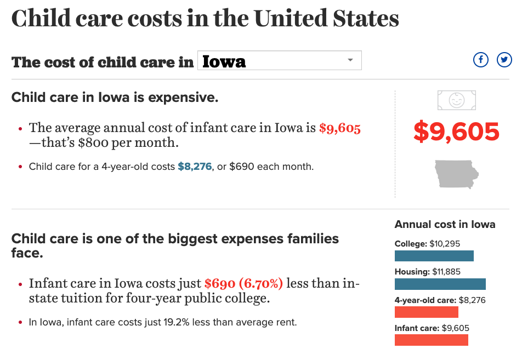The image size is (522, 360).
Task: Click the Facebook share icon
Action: tap(480, 60)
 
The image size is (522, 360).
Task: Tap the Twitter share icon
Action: tap(504, 60)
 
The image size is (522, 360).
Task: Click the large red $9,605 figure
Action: tap(456, 132)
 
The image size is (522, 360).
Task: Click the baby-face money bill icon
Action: tap(456, 100)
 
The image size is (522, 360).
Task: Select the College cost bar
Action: tap(434, 256)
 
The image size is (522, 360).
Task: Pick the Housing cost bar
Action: tap(440, 284)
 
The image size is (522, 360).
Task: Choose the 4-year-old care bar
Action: tap(426, 312)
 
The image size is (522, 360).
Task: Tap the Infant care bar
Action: tap(431, 340)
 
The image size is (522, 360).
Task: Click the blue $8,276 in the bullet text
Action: tap(195, 167)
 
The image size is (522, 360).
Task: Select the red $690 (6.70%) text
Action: tap(243, 284)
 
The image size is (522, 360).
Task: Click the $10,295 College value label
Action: tap(445, 244)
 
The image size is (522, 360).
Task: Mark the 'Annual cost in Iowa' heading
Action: tap(445, 225)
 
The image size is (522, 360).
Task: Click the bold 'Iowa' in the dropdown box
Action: tap(224, 61)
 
